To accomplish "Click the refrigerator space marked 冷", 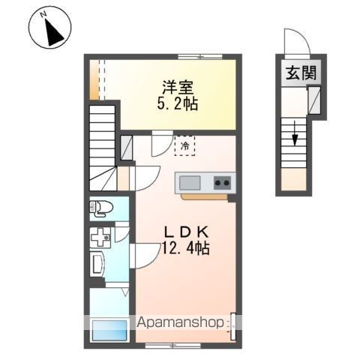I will pyautogui.click(x=184, y=145).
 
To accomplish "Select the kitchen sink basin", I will pyautogui.click(x=189, y=181).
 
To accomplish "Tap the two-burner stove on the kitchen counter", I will pyautogui.click(x=223, y=181).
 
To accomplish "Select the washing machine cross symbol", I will pyautogui.click(x=100, y=238).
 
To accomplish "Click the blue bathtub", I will pyautogui.click(x=109, y=331).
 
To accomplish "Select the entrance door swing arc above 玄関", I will pyautogui.click(x=296, y=41).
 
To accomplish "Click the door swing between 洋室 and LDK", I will pyautogui.click(x=160, y=142).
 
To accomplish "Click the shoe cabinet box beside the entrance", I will pyautogui.click(x=314, y=97).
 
